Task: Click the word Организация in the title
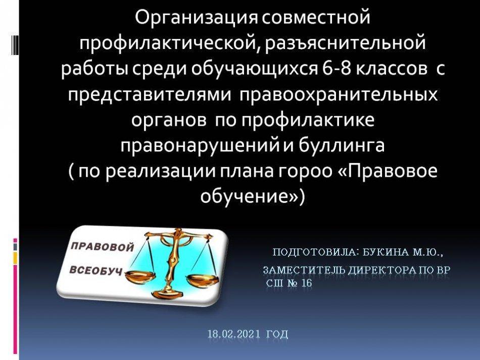(x=196, y=18)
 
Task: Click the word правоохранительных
(x=338, y=95)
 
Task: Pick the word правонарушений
(x=199, y=146)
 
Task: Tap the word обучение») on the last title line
(x=252, y=196)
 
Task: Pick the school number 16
(x=306, y=283)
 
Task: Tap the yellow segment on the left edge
(x=15, y=258)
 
